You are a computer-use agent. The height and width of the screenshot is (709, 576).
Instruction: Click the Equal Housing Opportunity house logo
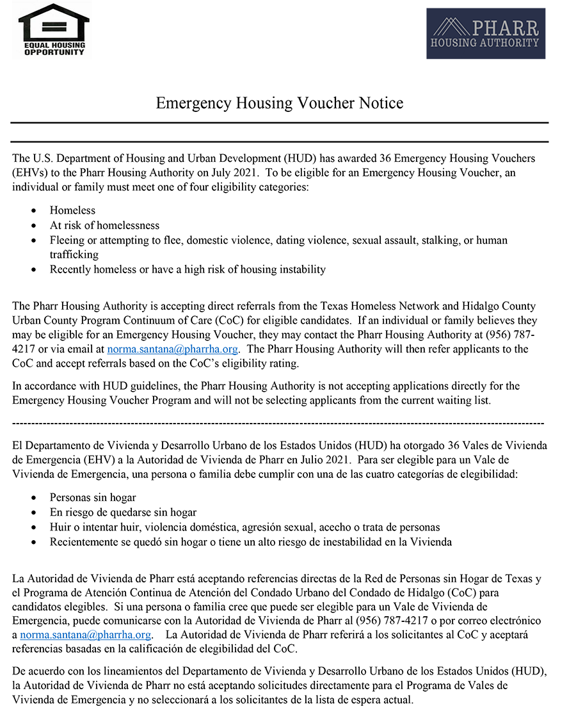click(54, 29)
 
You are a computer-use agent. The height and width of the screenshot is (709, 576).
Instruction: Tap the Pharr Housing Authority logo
click(486, 33)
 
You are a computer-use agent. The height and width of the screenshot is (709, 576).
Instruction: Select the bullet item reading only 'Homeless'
click(72, 211)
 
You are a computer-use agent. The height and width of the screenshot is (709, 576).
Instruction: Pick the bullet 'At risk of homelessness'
click(104, 225)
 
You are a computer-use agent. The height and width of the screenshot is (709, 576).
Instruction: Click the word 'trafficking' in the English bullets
click(74, 255)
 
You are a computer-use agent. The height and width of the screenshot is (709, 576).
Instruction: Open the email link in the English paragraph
click(173, 349)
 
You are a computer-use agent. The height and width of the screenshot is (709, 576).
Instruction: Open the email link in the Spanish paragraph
click(86, 635)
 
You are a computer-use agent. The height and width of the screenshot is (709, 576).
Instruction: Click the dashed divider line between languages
click(278, 424)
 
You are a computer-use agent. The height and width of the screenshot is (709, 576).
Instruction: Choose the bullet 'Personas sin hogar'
click(93, 497)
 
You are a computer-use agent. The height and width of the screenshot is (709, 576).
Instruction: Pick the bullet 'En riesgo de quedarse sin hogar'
click(123, 513)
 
